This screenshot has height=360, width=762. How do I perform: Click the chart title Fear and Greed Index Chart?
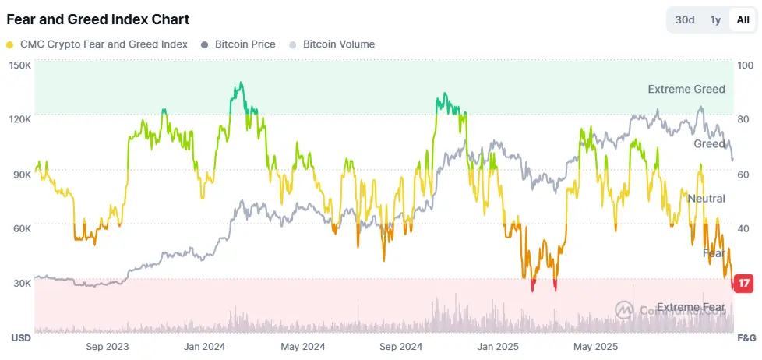97,19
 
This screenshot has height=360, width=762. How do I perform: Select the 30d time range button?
685,20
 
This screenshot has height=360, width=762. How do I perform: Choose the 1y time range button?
715,20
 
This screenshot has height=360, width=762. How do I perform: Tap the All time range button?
743,20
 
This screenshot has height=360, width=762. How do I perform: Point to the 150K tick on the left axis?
19,65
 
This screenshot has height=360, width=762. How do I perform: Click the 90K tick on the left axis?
19,175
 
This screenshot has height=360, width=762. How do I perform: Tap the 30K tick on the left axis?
19,283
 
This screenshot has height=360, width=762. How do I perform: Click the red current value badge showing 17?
744,283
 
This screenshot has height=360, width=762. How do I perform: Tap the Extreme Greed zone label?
686,90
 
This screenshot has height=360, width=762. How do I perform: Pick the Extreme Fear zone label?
691,308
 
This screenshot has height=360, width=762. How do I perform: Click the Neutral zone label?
706,199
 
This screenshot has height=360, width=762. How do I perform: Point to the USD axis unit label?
20,338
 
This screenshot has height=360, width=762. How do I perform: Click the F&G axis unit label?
746,338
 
